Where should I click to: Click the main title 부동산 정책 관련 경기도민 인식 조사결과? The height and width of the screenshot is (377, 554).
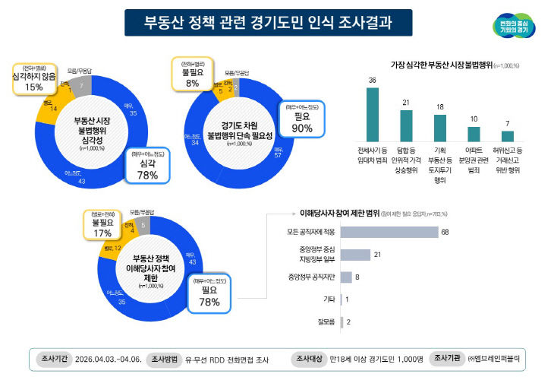[x=268, y=22]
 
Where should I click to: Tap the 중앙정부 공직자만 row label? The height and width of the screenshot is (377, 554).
[x=312, y=277]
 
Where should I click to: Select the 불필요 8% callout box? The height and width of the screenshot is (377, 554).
[x=192, y=74]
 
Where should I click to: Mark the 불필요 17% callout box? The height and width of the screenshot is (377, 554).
[x=101, y=224]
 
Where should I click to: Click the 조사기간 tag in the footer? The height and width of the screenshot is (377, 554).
[x=55, y=356]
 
